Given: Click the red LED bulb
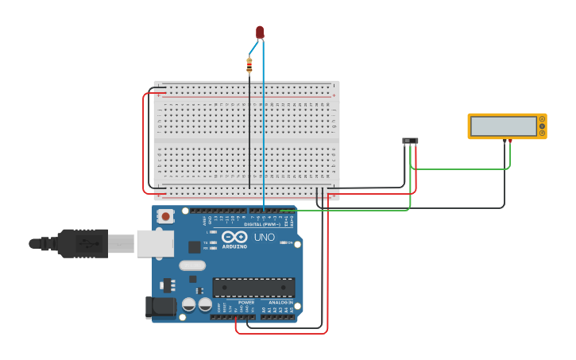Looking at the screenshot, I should point(260,31).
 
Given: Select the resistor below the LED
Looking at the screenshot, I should point(249,64).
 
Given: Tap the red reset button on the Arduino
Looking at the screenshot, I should point(165,215).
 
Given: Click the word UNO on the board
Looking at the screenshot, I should point(264,237).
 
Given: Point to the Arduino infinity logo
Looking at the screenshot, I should point(234,237).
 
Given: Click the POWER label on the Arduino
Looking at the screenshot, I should point(246,303).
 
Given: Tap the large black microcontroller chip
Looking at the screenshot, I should point(253,287).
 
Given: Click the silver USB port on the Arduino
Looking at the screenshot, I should point(154,243).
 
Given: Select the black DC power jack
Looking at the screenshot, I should point(160,307).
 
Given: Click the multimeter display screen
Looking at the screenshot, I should point(503,126).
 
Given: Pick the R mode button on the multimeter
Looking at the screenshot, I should point(543,133).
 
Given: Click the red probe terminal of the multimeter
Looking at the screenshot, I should point(510,141).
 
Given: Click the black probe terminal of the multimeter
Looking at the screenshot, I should point(504,141).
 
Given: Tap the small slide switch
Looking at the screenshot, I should point(410,141).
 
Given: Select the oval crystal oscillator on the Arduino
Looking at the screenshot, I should point(192,265).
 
